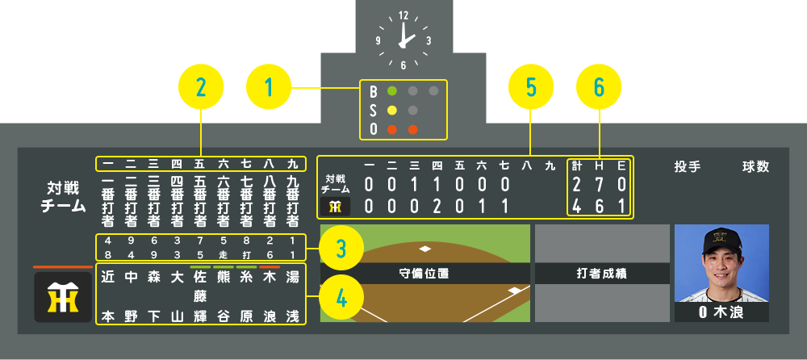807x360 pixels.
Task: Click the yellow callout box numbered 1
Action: tap(268, 87)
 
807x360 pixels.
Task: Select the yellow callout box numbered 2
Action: tap(200, 87)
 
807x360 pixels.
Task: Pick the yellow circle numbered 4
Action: tap(342, 298)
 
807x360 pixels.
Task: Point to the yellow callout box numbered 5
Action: tap(530, 87)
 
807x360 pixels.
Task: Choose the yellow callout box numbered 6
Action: tap(598, 87)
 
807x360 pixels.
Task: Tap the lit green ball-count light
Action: tap(392, 90)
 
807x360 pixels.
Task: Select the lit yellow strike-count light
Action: tap(392, 110)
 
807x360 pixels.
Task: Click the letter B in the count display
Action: tap(374, 90)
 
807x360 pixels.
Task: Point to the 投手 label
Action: tap(688, 167)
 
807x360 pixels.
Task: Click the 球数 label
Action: tap(756, 167)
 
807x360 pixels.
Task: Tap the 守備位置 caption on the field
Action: tap(424, 274)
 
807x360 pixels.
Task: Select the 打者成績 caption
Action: tap(601, 274)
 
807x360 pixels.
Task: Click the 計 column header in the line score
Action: tap(576, 166)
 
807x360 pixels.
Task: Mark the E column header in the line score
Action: tap(621, 166)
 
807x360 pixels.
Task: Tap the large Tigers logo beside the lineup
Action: tap(63, 297)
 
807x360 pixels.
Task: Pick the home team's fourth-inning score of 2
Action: tap(437, 206)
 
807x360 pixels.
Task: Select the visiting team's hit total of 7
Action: tap(599, 185)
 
